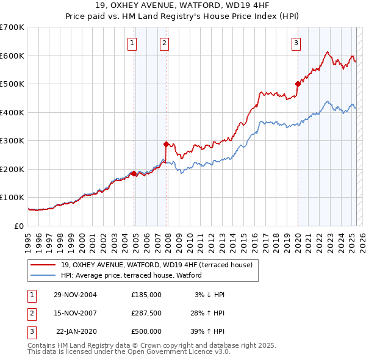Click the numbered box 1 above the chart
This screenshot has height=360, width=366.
pos(132,43)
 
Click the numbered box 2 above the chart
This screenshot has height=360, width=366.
pos(165,43)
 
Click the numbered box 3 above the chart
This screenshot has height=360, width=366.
pos(296,43)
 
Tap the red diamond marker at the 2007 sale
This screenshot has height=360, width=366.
pos(166,145)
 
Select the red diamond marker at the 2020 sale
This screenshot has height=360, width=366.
pos(298,84)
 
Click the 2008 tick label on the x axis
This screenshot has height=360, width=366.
pos(167,240)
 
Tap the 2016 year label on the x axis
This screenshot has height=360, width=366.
pos(254,240)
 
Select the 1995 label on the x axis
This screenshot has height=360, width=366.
pos(28,240)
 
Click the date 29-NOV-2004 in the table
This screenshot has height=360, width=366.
pos(75,294)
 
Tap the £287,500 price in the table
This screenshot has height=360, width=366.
pos(146,313)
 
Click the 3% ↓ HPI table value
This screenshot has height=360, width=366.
pos(209,294)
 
